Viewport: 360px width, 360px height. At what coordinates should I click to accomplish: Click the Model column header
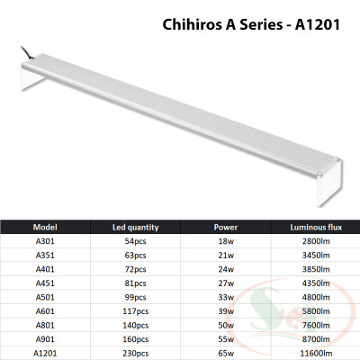click(45, 228)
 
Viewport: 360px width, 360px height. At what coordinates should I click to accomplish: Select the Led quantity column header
click(135, 228)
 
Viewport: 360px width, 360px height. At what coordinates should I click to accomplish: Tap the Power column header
click(226, 228)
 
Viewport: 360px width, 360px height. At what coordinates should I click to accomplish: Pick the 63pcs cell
click(135, 256)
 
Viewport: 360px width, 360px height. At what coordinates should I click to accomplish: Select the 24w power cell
click(226, 268)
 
